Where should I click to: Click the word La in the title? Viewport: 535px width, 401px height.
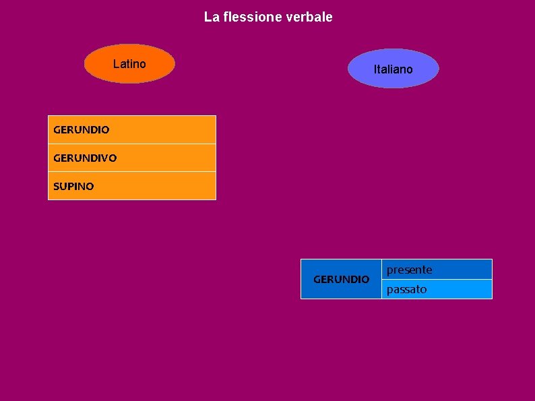211,17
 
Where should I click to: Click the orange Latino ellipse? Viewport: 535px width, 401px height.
129,64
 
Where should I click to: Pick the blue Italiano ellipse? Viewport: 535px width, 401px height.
393,69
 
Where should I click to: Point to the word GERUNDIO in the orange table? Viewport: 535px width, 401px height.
81,129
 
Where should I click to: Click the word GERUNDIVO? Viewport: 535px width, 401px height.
85,158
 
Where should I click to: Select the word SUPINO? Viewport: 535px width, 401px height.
73,187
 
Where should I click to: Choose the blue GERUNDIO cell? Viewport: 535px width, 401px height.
341,279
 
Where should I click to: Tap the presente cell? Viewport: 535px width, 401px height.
437,270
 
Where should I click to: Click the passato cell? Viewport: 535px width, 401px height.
437,289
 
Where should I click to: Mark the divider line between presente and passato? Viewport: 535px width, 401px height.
437,279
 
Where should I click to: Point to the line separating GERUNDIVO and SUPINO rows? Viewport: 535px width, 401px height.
132,172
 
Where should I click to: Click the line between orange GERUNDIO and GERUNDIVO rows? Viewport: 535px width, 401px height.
132,144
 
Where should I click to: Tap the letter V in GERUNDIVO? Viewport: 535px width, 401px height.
102,158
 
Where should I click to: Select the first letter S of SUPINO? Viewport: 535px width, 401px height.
56,187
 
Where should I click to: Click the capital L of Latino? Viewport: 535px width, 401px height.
116,64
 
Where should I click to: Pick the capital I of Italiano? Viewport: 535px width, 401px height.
375,69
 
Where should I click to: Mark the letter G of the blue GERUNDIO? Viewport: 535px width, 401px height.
317,279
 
